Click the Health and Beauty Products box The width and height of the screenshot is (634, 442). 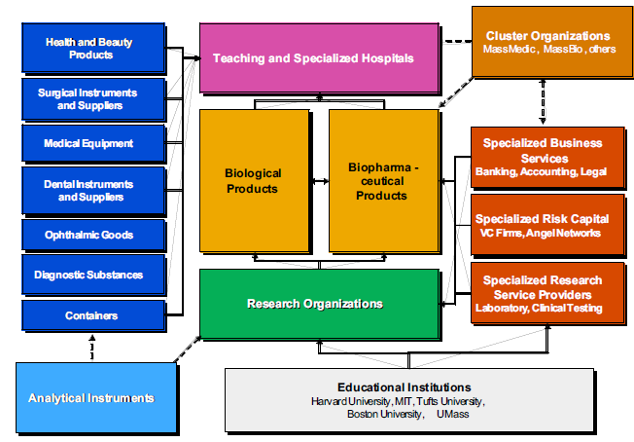pos(88,49)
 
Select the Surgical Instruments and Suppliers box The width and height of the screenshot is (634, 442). pos(88,97)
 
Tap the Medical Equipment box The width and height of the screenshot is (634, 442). pos(88,143)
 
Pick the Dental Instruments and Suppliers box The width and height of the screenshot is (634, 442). pos(88,189)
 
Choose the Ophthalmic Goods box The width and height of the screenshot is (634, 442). pos(88,235)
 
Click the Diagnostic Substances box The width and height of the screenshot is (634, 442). pos(88,275)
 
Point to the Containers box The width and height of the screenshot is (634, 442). pos(88,314)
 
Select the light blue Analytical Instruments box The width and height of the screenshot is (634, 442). pos(93,397)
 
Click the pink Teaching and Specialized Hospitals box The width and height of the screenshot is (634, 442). pos(313,58)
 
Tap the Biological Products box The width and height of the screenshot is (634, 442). pos(253,180)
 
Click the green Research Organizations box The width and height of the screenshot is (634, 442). pos(313,304)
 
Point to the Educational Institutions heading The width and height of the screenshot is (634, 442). pos(404,387)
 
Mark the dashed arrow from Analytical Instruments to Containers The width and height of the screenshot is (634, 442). pos(92,346)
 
